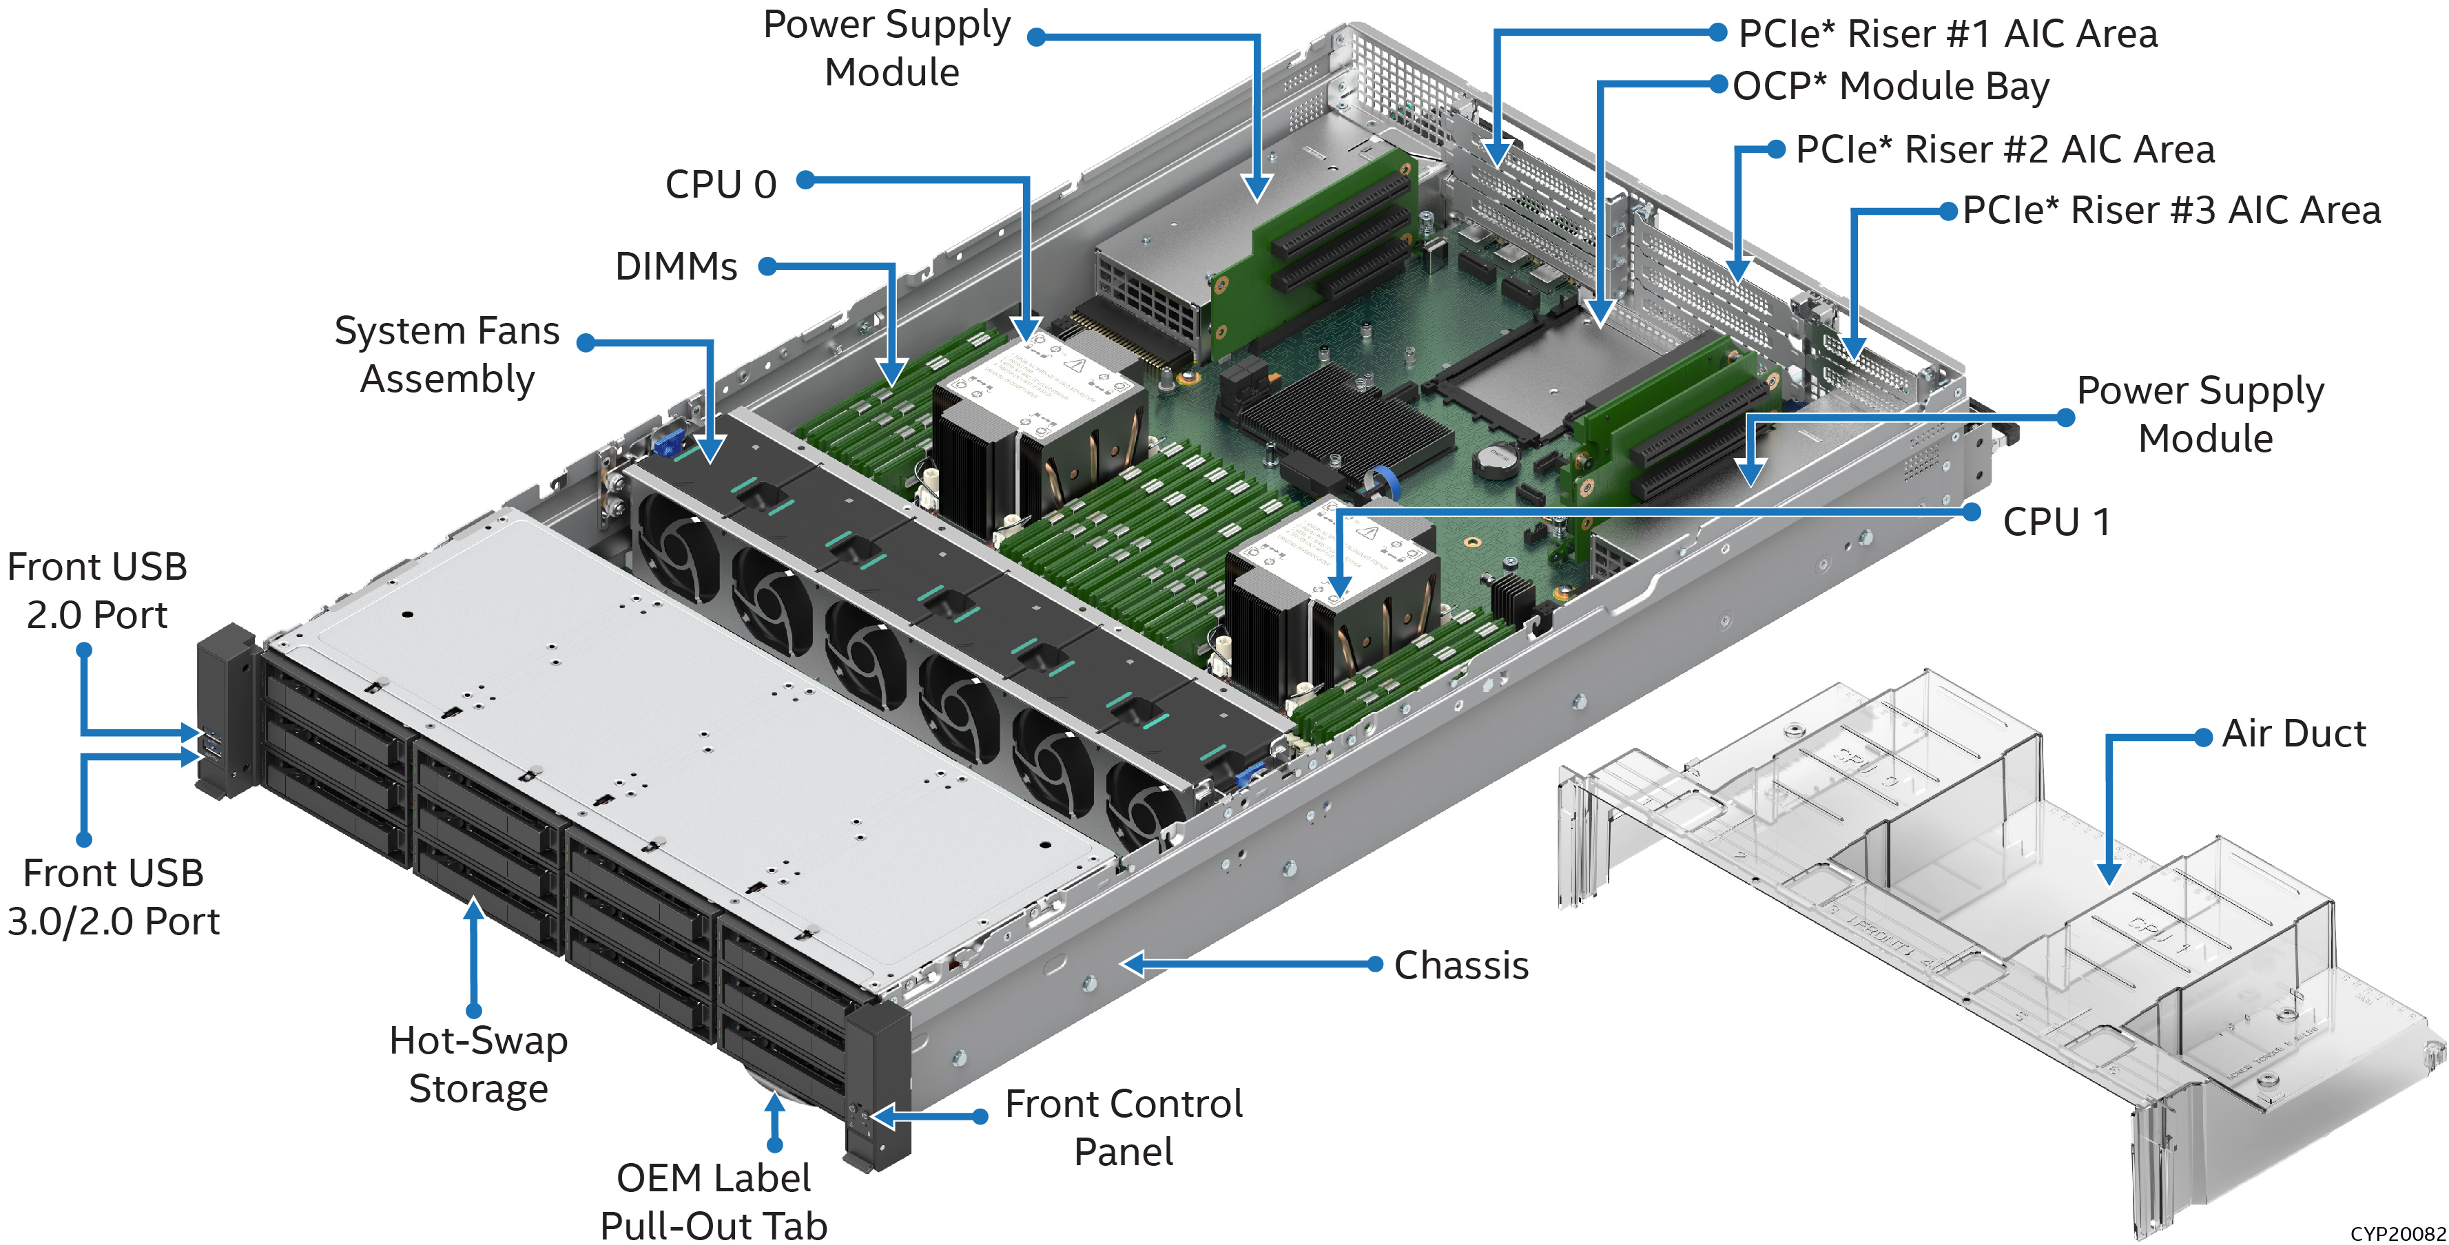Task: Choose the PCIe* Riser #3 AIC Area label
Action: [x=2171, y=210]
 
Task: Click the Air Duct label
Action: [x=2293, y=733]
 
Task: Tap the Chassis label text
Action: [x=1461, y=965]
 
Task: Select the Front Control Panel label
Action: [x=1124, y=1127]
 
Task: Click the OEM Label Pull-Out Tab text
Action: [x=714, y=1202]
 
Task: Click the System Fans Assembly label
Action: [x=447, y=355]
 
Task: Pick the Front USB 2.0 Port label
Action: [x=97, y=590]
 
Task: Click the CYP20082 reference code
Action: [x=2397, y=1233]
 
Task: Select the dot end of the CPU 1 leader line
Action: [x=1972, y=512]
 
